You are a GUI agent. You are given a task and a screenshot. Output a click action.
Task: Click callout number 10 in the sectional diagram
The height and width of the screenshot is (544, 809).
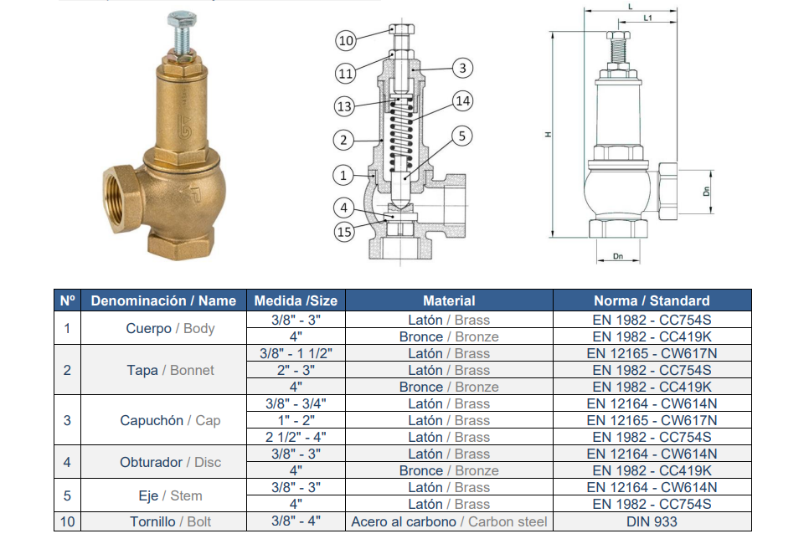coord(346,40)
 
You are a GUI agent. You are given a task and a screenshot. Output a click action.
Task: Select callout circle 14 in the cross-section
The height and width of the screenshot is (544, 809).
coord(463,101)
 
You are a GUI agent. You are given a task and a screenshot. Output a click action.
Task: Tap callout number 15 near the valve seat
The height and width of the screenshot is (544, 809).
coord(344,232)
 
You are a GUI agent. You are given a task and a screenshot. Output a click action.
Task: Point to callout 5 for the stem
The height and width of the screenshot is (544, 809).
coord(461,136)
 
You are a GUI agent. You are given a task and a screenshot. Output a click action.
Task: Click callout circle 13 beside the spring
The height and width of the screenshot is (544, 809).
coord(344,107)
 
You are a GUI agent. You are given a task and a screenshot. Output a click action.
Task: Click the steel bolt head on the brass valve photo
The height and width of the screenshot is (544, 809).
coord(182,21)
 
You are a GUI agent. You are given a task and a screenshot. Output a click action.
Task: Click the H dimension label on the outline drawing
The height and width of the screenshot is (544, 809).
coord(548,135)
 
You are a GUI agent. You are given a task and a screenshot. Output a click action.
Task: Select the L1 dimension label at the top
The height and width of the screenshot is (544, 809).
coord(647,18)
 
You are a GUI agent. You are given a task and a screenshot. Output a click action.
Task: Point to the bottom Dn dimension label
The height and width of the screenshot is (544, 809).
coord(617,256)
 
